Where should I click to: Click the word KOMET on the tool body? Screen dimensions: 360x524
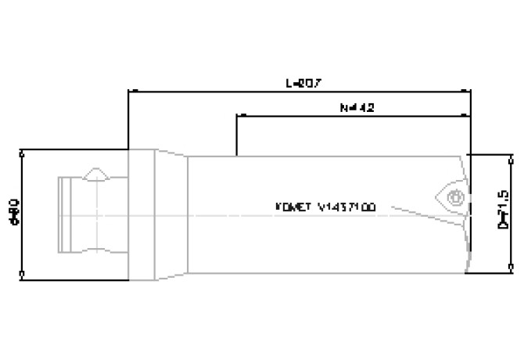tap(294, 207)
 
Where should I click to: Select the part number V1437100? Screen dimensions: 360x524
tap(346, 207)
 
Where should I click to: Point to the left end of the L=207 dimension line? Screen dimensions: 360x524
tap(129, 92)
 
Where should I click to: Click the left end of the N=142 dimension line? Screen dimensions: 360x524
tap(237, 117)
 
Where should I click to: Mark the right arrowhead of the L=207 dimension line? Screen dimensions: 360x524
tap(468, 92)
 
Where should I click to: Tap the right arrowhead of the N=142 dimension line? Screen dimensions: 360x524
tap(468, 117)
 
